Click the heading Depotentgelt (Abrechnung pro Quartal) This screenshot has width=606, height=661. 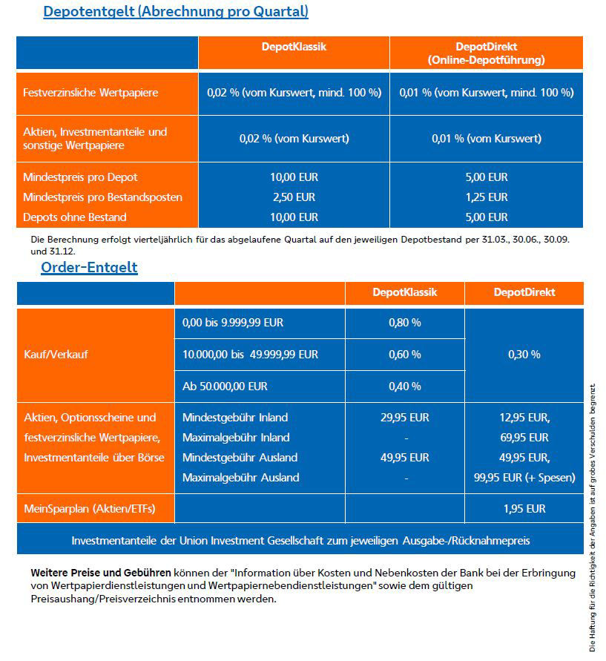[176, 12]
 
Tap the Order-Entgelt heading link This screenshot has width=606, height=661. [89, 267]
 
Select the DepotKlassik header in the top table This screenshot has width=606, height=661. [294, 46]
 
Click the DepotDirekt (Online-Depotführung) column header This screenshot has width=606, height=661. [486, 53]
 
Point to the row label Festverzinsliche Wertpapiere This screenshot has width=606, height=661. [90, 93]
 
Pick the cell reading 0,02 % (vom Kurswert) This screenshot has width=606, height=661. [294, 138]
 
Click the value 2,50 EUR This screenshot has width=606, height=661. [294, 197]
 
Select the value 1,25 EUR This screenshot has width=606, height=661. [487, 197]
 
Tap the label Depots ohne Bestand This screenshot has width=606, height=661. [75, 217]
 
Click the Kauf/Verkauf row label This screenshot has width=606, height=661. [56, 355]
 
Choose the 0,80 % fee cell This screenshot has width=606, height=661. [404, 323]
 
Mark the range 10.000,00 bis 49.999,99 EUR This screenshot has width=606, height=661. [250, 355]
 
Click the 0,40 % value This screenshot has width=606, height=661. [404, 387]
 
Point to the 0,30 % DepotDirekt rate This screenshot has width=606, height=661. [524, 355]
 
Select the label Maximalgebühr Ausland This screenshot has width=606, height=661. [241, 478]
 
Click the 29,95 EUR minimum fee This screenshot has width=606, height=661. [404, 418]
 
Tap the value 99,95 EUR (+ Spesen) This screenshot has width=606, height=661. [524, 478]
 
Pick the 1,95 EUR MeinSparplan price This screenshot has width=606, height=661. [524, 509]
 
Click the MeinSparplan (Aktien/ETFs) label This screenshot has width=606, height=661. [89, 509]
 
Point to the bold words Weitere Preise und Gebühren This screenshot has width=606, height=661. [101, 573]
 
